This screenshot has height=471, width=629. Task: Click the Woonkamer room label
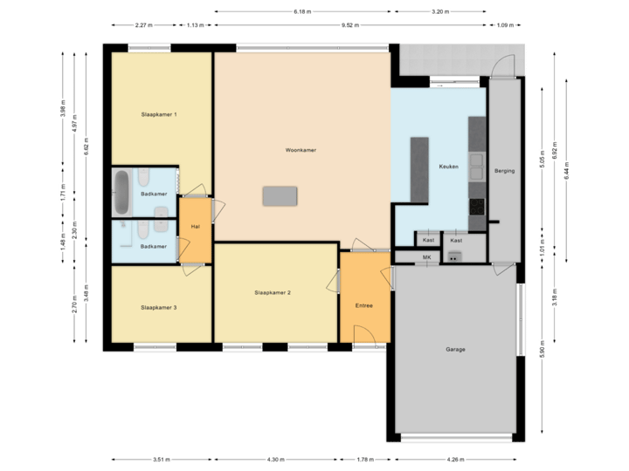coord(300,150)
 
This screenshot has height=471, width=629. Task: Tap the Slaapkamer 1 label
coord(159,114)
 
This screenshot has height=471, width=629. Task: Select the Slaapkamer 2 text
coord(273,292)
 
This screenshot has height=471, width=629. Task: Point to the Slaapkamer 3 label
coord(159,308)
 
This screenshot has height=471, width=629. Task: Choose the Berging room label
coord(504,171)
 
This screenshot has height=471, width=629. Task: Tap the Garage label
coord(455,349)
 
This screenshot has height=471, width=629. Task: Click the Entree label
coord(364,306)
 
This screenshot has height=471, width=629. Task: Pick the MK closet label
coord(427,257)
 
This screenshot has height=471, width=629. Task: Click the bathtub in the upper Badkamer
coord(122,192)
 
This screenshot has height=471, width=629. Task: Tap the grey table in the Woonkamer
coord(280,195)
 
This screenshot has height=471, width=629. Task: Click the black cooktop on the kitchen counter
coord(477,207)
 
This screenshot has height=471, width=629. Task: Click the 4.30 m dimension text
coord(274,459)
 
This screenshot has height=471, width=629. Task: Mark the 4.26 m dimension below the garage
coord(455,459)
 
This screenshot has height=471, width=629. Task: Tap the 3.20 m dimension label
coord(440,11)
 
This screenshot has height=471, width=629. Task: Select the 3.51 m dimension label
coord(161,459)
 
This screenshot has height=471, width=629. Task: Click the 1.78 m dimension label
coord(364,459)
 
